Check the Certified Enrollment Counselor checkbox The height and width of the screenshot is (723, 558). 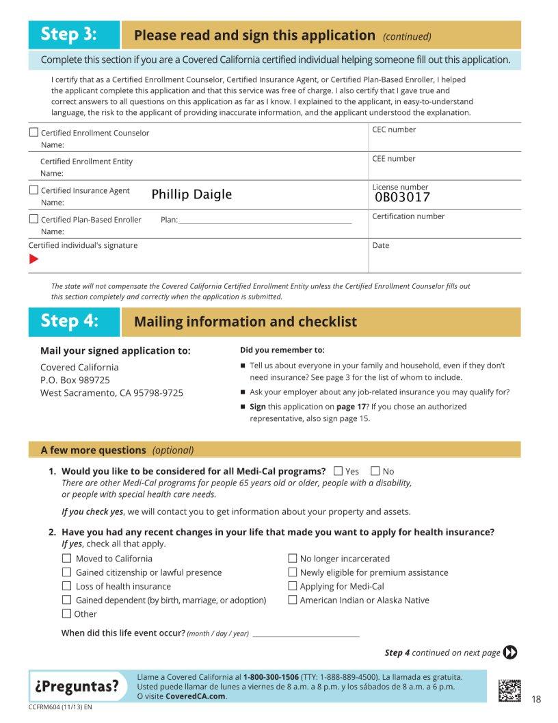(34, 132)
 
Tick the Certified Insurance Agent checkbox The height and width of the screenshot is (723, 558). (34, 190)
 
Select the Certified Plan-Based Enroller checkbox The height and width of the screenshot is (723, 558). (34, 219)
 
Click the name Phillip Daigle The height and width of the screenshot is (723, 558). (191, 194)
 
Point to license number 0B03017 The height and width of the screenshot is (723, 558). (402, 198)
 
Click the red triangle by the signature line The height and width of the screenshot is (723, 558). (34, 259)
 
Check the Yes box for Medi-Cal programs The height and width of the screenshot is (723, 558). (338, 471)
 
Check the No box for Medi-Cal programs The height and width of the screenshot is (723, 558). (375, 471)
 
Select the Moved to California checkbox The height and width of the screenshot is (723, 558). (67, 558)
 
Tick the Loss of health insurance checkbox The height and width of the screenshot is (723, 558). (67, 586)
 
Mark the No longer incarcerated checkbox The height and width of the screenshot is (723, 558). (293, 558)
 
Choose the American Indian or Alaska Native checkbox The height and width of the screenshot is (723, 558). (293, 600)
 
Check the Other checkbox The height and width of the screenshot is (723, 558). (67, 613)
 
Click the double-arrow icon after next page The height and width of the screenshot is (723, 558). (510, 652)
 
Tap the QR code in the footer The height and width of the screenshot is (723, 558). (509, 689)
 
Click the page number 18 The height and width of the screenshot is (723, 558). (536, 699)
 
